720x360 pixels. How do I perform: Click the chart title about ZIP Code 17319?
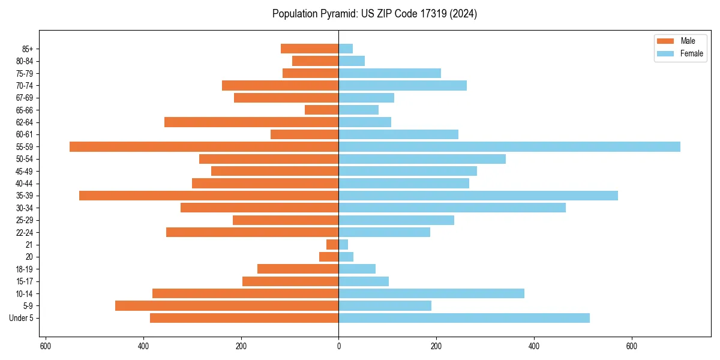point(374,14)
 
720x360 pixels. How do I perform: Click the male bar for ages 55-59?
point(204,147)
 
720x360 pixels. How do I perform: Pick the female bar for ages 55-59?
point(509,147)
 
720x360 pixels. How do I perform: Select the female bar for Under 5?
point(464,318)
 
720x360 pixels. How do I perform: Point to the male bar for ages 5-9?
point(227,306)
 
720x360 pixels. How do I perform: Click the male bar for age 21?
point(332,245)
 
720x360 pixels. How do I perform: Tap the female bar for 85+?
point(346,49)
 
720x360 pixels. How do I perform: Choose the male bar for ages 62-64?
point(251,122)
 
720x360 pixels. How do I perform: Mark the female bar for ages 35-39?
point(478,196)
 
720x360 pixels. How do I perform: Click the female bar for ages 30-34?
point(452,208)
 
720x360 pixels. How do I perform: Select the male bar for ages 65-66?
point(322,110)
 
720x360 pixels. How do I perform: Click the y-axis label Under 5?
point(22,318)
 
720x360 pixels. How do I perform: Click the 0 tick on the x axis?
point(338,346)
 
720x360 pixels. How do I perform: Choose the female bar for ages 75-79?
point(389,73)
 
